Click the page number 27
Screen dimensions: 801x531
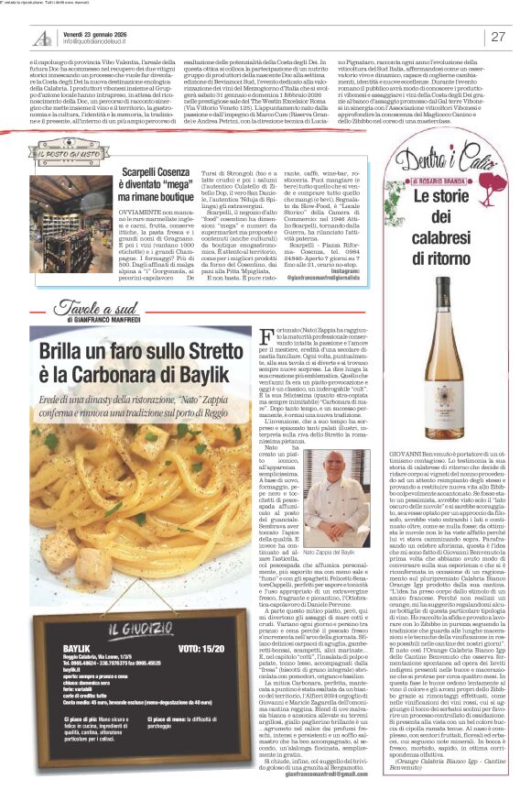coord(499,36)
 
